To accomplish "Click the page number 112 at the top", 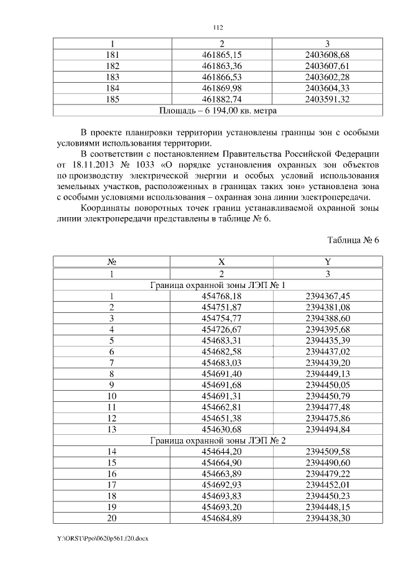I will [x=218, y=27].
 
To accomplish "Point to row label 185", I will [x=113, y=99].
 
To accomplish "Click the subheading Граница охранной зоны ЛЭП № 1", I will [x=218, y=285].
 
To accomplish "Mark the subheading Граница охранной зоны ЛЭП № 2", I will [x=218, y=441].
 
